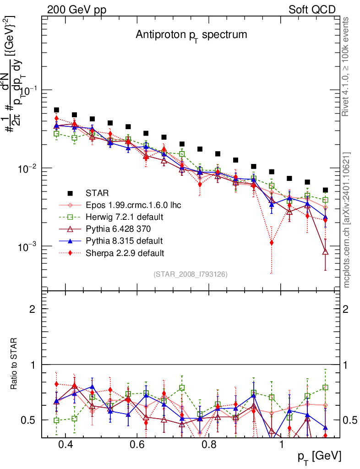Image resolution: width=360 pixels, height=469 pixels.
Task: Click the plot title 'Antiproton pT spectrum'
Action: [191, 35]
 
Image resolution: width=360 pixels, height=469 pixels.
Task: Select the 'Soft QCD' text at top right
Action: [312, 10]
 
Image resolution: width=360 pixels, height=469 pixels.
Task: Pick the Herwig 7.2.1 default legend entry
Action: [124, 217]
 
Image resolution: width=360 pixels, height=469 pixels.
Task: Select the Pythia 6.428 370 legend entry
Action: [120, 229]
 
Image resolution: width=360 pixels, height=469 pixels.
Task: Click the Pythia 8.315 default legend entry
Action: [124, 240]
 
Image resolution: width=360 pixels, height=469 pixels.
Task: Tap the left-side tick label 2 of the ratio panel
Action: [33, 309]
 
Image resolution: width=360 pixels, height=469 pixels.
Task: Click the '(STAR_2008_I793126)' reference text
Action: [191, 274]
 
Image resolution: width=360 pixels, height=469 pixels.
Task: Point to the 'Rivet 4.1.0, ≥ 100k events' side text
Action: [346, 66]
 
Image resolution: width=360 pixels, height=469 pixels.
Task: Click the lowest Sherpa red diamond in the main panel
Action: [272, 243]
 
